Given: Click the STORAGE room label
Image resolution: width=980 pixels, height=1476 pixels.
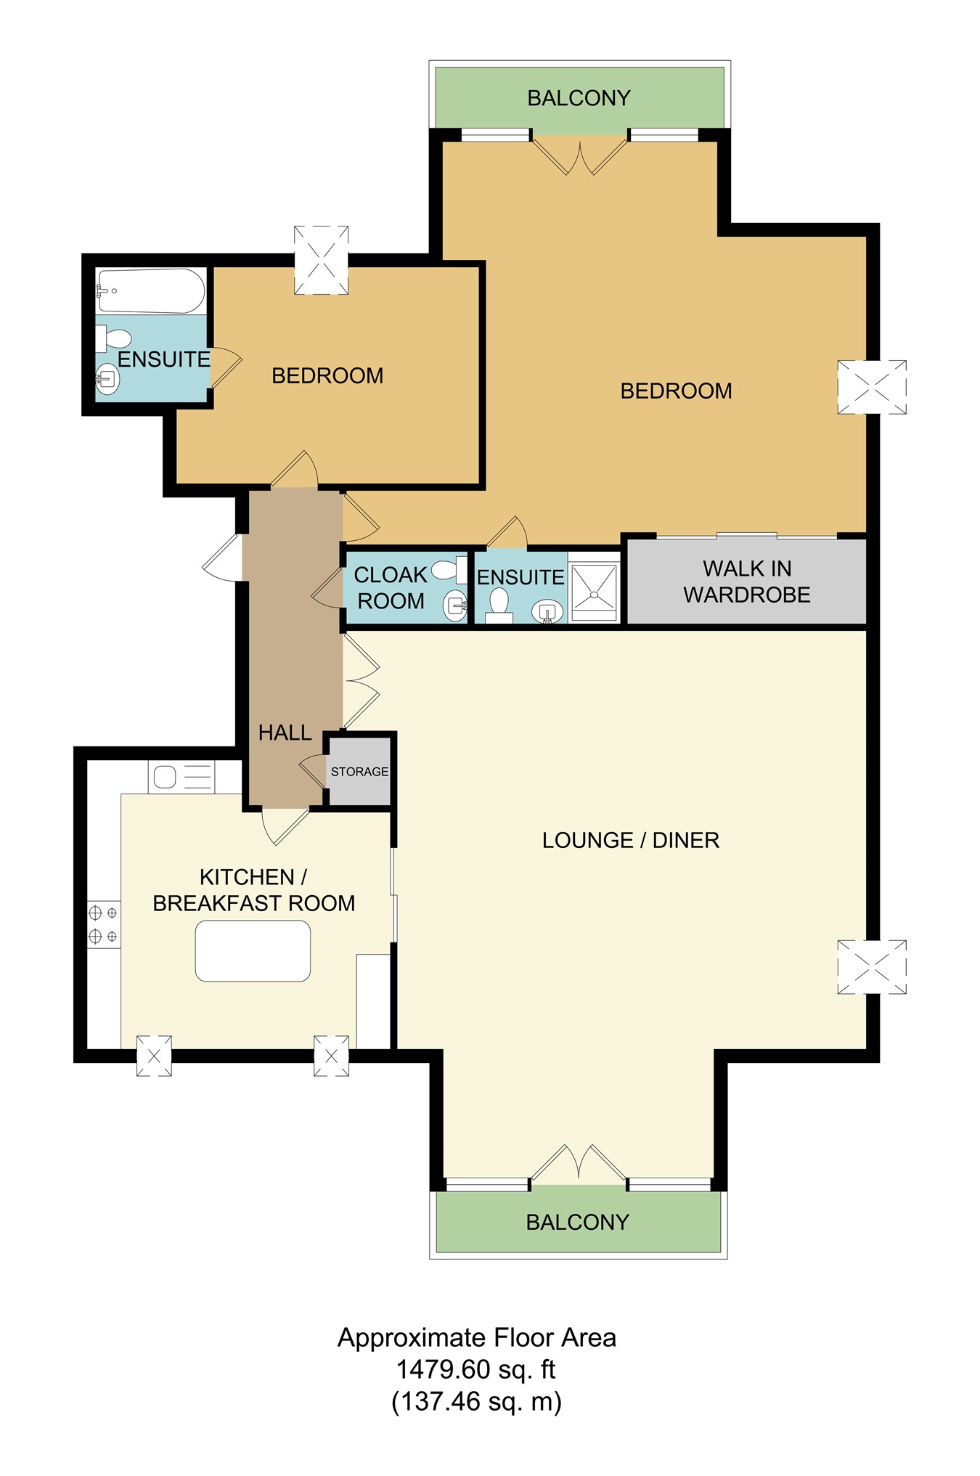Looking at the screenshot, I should coord(359,771).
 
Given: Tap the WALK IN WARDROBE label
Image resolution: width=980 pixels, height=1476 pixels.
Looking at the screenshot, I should coord(746,582).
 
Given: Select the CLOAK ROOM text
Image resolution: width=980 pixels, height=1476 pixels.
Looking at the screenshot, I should coord(391,588).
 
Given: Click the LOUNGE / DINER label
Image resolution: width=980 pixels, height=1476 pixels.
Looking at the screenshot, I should coord(630,840).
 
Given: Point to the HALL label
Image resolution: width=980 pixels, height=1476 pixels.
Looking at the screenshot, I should coord(285,733).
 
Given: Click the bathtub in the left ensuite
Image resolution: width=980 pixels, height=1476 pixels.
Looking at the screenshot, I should coord(151,290).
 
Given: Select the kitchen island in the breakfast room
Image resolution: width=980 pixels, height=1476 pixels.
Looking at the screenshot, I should coord(253,951).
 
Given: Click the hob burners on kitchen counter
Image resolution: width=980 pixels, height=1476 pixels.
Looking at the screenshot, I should coord(103,924).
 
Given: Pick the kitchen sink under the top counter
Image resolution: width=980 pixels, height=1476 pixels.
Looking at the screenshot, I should coord(166,777).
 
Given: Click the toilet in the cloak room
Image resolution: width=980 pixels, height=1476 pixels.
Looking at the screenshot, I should coord(448,570).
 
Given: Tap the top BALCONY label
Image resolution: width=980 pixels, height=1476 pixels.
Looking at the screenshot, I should coord(579,98).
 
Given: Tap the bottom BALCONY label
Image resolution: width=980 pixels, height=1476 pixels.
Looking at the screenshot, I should coord(577,1222).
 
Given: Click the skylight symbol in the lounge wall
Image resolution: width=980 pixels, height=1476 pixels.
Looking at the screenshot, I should coord(871,966).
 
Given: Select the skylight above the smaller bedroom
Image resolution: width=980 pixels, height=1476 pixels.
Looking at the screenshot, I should coord(321,260).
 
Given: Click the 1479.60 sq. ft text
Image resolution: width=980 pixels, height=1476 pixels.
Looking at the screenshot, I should coord(475,1369).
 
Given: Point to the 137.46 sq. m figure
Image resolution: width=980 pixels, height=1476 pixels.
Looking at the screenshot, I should coord(476,1400).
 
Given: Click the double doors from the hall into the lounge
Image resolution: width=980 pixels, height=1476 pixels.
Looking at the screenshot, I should coord(361,681).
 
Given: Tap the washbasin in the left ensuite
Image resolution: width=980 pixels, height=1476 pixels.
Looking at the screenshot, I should coord(107,378).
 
